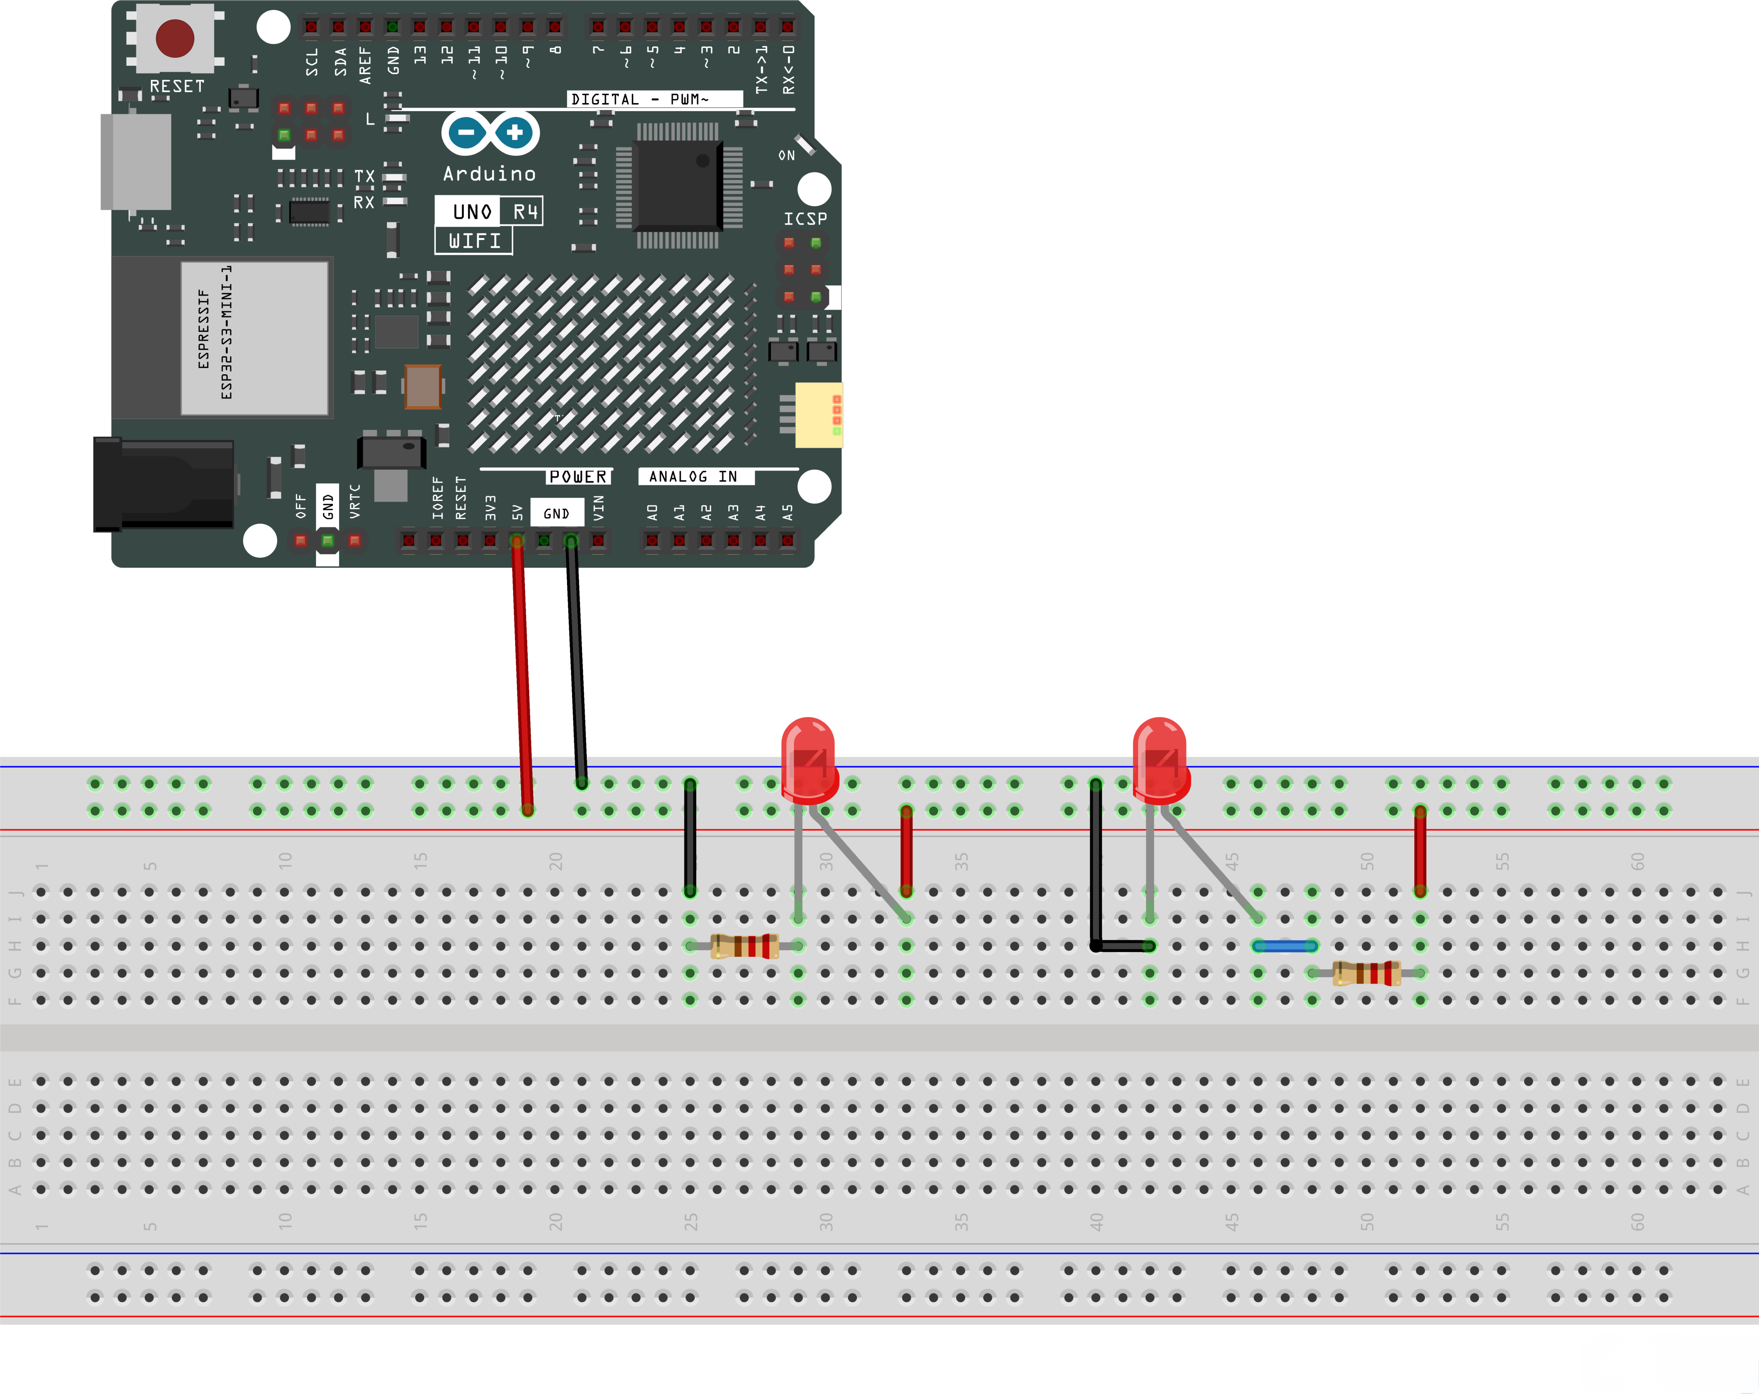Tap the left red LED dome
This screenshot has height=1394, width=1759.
click(x=808, y=755)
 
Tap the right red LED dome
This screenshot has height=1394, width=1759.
click(x=1159, y=755)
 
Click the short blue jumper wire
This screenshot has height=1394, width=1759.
click(x=1285, y=946)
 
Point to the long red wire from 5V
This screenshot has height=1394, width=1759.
click(x=522, y=677)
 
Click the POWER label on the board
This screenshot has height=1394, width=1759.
click(x=578, y=477)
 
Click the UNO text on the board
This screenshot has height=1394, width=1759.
click(x=471, y=212)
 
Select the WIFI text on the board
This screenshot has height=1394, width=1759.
click(x=474, y=241)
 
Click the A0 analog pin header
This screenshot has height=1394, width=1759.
click(x=652, y=540)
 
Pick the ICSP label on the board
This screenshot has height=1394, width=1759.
click(x=805, y=219)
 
